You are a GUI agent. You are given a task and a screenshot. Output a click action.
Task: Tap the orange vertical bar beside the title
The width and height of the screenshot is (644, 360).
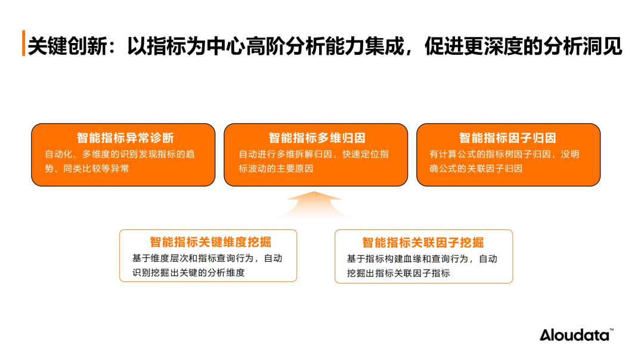tap(23, 43)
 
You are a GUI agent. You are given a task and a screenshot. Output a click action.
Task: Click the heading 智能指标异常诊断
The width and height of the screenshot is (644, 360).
tap(125, 138)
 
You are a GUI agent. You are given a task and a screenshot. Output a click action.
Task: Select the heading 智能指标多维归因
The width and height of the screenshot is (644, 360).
tap(317, 138)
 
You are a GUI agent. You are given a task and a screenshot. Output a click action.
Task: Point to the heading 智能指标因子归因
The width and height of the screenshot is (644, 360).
tap(507, 138)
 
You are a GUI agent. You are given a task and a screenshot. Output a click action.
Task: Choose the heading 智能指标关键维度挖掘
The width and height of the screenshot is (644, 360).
tap(210, 242)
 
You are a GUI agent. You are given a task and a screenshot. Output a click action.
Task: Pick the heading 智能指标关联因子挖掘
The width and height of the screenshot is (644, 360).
tap(423, 243)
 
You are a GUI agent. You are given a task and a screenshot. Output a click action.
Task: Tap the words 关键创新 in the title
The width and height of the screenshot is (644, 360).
tap(68, 45)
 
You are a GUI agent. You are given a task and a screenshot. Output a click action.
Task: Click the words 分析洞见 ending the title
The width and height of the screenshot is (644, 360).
tap(583, 45)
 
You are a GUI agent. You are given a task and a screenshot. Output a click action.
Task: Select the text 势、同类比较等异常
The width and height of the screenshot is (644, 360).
tap(87, 169)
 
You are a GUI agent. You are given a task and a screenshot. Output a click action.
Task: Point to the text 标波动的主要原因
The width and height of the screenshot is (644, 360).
tap(276, 169)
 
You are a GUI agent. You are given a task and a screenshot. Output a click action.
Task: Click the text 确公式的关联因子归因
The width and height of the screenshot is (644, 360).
tap(476, 169)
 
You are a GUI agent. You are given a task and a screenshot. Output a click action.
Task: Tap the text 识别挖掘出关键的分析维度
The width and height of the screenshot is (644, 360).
tap(188, 272)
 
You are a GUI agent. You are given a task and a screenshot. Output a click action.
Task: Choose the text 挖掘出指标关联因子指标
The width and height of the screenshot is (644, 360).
tap(398, 273)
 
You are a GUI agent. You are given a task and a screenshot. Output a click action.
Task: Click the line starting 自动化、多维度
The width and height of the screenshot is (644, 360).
tap(120, 154)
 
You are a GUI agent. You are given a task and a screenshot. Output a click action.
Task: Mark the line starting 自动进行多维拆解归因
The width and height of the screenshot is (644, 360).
tap(314, 154)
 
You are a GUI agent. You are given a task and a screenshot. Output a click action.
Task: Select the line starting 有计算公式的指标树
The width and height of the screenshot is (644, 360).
tap(504, 154)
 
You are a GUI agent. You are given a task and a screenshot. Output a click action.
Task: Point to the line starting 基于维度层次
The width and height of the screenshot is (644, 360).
tap(208, 258)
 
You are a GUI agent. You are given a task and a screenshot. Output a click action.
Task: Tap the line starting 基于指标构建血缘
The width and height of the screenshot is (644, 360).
tap(422, 259)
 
